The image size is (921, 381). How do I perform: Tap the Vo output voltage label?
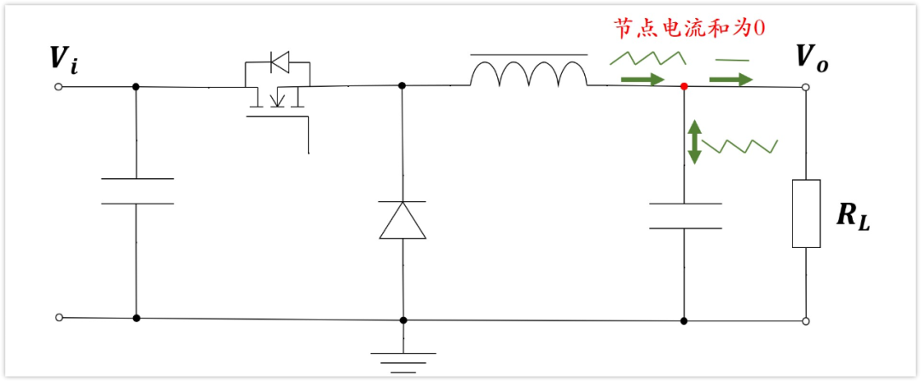pos(811,58)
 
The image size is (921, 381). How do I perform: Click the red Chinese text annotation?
pos(690,28)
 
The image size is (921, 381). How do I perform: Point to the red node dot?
pos(684,86)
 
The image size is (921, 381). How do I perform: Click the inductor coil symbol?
pos(529,74)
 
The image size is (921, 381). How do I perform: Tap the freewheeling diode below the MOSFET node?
pos(402,220)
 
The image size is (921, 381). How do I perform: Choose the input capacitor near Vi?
pos(136,191)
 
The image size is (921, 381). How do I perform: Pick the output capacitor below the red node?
pos(684,216)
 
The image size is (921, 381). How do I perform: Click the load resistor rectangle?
pos(806,213)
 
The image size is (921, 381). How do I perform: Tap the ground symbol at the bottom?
pos(403,359)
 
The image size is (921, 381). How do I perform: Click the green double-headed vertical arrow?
pos(695,141)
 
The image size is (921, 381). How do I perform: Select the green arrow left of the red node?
pos(642,80)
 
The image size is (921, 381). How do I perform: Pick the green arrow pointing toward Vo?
pos(733,80)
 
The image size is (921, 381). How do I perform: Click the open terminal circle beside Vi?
pos(59,86)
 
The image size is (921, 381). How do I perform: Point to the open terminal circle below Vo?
pos(806,321)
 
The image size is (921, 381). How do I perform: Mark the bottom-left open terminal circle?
pos(59,317)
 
